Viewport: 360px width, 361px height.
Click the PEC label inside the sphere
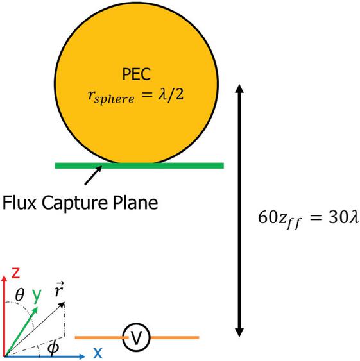[137, 74]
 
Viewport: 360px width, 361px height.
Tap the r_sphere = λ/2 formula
[136, 96]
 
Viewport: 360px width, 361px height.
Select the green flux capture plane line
[139, 165]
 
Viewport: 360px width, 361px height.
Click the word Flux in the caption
[19, 203]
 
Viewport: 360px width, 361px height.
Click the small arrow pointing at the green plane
[93, 175]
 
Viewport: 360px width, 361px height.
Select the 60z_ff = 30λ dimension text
[309, 219]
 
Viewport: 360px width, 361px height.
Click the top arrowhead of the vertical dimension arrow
[239, 88]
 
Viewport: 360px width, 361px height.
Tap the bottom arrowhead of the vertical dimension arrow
[239, 332]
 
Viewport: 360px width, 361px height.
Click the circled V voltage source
[136, 337]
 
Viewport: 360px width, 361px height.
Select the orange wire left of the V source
[101, 337]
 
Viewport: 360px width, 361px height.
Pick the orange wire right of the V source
[175, 337]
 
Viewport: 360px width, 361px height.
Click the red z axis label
[15, 273]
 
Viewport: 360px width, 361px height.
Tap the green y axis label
[37, 296]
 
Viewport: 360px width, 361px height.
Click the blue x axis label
[98, 353]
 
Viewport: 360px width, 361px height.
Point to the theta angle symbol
[20, 294]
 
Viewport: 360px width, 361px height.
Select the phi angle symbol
[53, 349]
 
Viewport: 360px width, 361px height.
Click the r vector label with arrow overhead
[59, 289]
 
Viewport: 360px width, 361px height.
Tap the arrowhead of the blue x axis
[82, 357]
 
